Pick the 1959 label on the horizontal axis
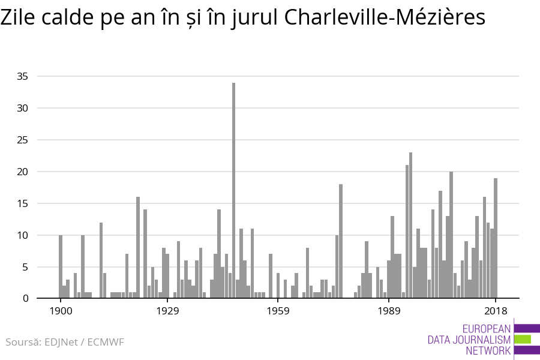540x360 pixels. pos(278,311)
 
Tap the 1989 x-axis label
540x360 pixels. pos(389,311)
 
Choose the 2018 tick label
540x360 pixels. pos(496,311)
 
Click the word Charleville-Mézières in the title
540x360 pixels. pos(385,17)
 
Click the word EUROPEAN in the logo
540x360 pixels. pos(487,329)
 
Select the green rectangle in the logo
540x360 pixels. pos(523,339)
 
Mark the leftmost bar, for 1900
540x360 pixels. pos(61,267)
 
